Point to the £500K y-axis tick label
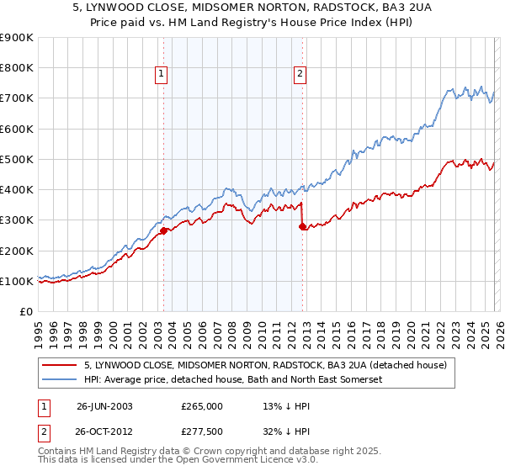click(17, 159)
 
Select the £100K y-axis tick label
click(17, 281)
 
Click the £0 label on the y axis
click(25, 311)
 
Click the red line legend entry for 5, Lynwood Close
click(269, 365)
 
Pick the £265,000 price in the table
click(201, 405)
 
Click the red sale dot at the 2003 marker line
click(163, 230)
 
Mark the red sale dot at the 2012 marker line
click(302, 226)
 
